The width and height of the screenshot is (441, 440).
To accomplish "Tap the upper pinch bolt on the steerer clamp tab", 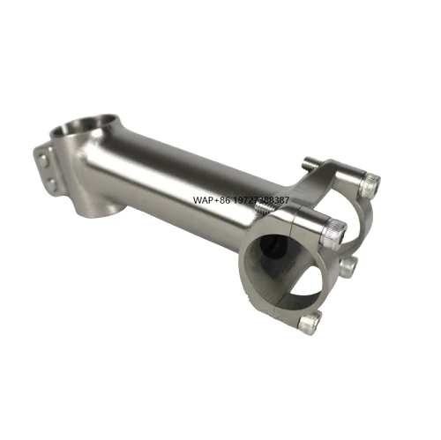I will (x=44, y=160).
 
